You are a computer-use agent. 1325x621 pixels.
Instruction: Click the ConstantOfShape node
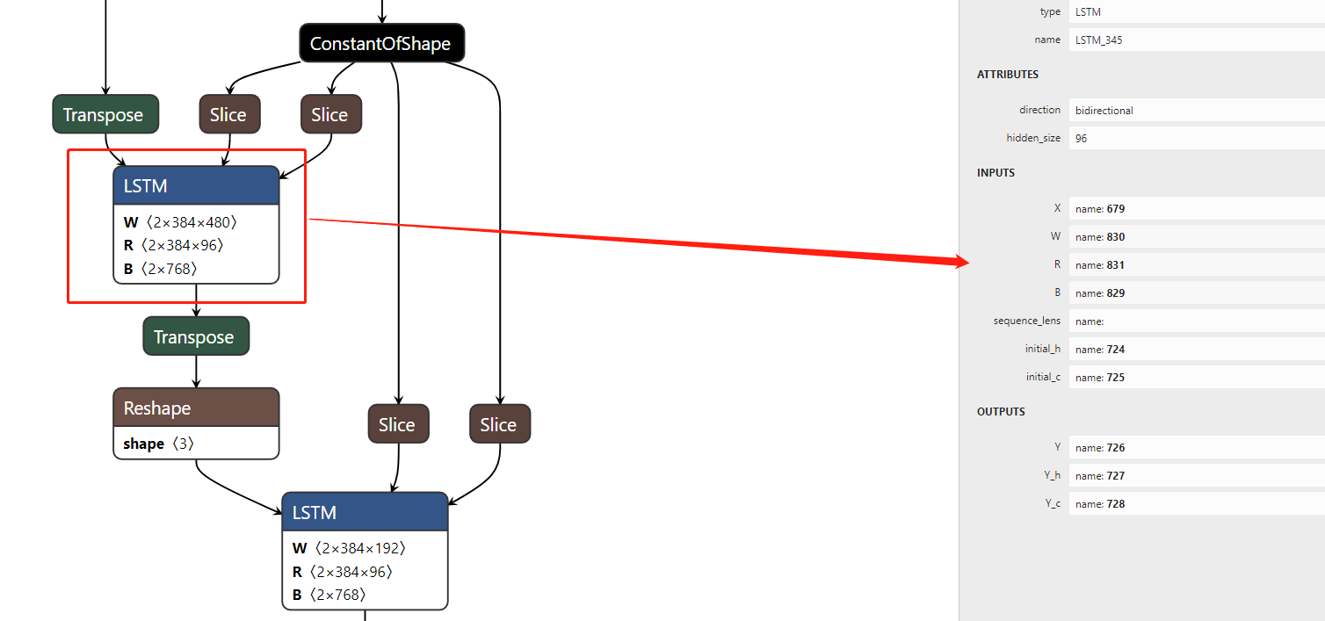point(380,44)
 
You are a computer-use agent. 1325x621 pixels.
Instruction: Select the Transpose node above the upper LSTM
point(105,115)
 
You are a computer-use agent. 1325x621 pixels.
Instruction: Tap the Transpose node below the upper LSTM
point(195,337)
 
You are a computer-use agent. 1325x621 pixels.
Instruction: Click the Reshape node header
point(196,408)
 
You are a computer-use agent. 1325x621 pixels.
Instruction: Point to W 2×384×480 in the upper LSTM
point(181,222)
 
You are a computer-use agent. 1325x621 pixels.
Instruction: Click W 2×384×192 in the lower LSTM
point(350,548)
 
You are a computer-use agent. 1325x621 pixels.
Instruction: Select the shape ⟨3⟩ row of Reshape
point(159,444)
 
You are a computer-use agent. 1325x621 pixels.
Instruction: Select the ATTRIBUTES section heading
point(1007,75)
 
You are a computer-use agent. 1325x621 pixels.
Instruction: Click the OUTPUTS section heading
point(1001,412)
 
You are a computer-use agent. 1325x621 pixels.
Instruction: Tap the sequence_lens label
point(1026,321)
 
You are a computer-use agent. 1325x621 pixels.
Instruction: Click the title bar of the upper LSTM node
point(196,186)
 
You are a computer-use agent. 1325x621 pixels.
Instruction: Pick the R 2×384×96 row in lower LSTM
point(343,572)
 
